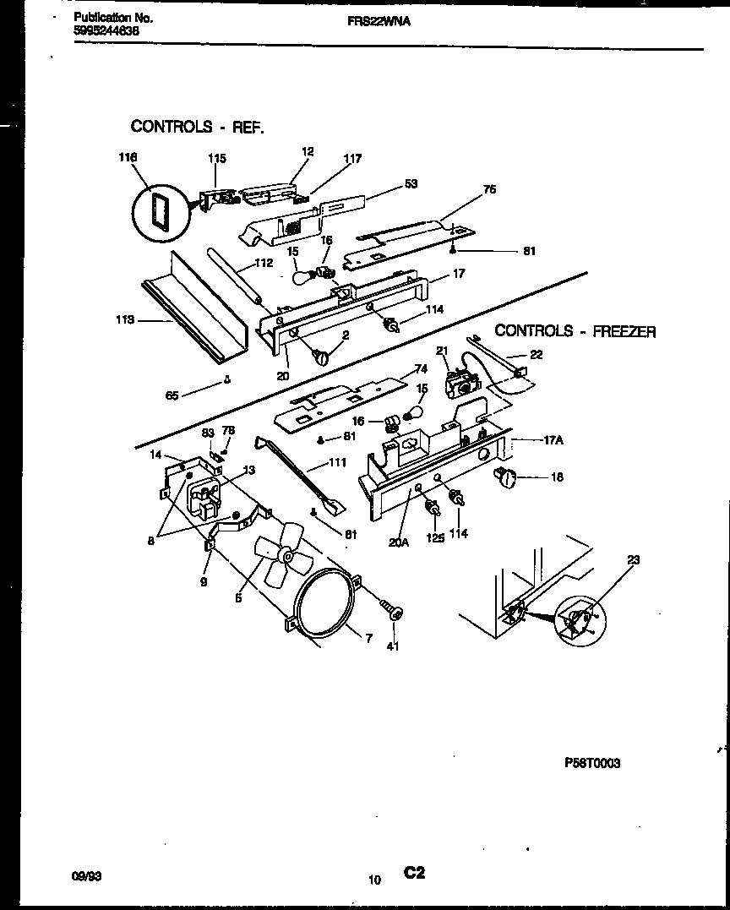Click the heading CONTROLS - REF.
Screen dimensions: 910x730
(197, 127)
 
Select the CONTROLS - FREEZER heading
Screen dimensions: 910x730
(575, 331)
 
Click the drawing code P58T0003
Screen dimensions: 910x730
(591, 763)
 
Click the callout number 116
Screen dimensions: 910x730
(127, 157)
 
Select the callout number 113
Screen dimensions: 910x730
(125, 320)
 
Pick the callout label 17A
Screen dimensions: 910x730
(553, 440)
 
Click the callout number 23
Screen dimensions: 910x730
(634, 559)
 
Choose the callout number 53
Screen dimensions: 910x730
(411, 184)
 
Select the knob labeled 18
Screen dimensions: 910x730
(506, 478)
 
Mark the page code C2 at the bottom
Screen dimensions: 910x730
(414, 874)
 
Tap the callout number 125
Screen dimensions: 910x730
(435, 535)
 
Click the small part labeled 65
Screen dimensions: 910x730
(227, 379)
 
